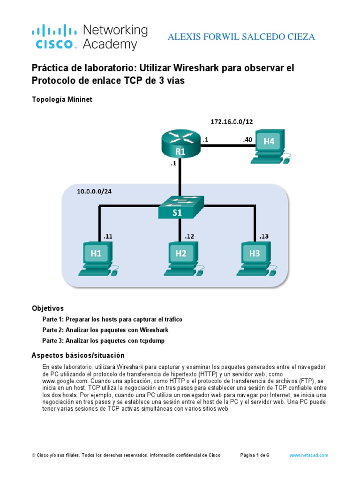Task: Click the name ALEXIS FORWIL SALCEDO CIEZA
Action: click(241, 37)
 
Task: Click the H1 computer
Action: click(97, 257)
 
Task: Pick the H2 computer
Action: click(182, 257)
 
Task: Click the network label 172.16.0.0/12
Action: click(231, 121)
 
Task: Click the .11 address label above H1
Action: click(107, 237)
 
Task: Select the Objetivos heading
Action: click(47, 308)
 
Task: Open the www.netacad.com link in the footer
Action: click(308, 455)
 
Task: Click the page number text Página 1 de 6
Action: click(255, 455)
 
